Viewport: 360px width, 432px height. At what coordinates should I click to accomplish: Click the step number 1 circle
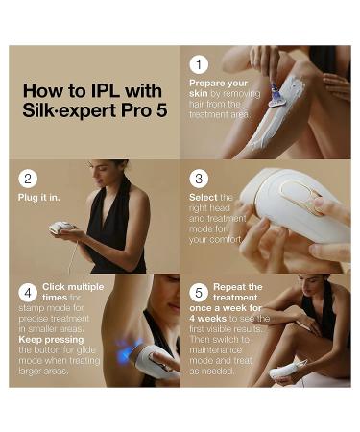tap(199, 64)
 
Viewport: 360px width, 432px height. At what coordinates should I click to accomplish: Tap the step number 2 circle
tap(29, 178)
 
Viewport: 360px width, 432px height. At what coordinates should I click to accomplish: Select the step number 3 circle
tap(199, 179)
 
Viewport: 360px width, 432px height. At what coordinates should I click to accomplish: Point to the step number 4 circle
tap(29, 291)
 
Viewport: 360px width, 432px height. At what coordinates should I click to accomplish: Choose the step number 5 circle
tap(199, 291)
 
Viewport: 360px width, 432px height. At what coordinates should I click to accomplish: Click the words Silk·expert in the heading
tap(62, 111)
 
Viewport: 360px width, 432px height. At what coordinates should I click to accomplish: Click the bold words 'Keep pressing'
tap(48, 339)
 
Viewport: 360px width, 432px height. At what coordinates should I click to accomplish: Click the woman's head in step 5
tap(312, 288)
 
